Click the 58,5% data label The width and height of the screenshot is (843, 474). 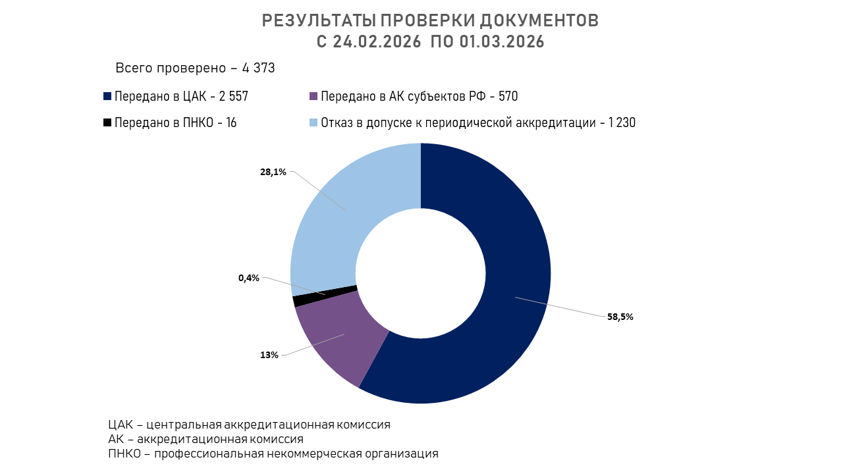(620, 317)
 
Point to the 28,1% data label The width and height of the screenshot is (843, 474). (273, 172)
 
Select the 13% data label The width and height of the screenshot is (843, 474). (269, 355)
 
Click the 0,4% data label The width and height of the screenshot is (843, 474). (249, 278)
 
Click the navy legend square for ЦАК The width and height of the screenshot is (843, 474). (107, 96)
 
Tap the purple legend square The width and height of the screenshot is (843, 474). (314, 96)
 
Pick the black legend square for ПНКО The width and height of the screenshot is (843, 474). (107, 122)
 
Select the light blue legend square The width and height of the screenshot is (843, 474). (314, 122)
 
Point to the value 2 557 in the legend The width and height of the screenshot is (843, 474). (234, 97)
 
